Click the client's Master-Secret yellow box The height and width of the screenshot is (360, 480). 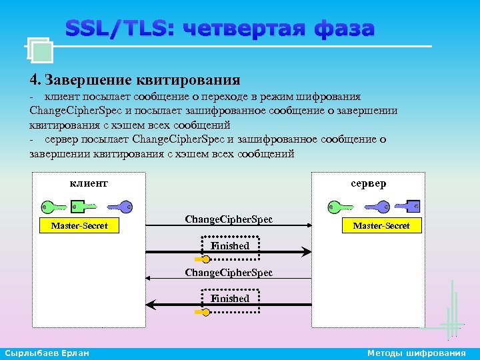[79, 226]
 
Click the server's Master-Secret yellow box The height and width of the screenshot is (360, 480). [381, 226]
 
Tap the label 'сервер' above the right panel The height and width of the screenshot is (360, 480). [368, 183]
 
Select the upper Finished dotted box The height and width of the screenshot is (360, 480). [229, 246]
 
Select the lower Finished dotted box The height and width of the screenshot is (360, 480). [229, 299]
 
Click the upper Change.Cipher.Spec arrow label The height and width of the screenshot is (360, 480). [229, 219]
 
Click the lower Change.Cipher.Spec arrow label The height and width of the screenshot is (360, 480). [229, 273]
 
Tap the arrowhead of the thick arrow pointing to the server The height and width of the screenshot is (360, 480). [306, 252]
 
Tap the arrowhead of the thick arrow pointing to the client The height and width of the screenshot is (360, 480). [151, 305]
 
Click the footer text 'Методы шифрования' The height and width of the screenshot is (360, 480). [417, 353]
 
